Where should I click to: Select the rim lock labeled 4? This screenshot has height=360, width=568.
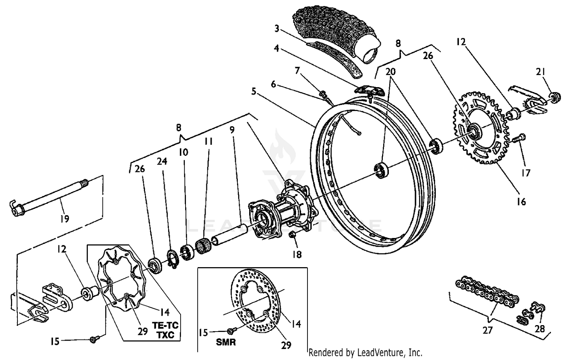tap(369, 90)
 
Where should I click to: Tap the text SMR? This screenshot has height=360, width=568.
tap(226, 342)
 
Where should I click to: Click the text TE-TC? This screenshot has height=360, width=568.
tap(165, 325)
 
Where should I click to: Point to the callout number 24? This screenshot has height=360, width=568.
tap(162, 162)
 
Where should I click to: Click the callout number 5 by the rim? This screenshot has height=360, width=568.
tap(254, 92)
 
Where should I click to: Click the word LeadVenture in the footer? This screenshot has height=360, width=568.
tap(390, 352)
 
